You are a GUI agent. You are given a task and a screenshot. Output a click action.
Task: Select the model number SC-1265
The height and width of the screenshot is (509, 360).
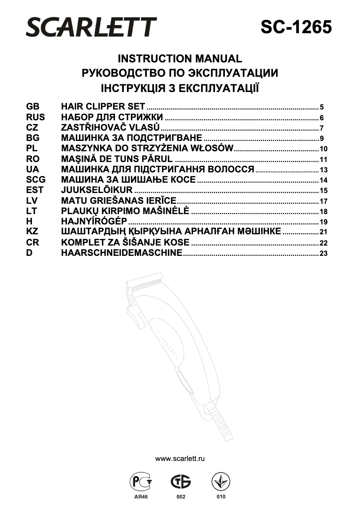coord(296,27)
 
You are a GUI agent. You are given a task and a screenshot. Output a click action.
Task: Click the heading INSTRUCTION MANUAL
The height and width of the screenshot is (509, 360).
coord(180,59)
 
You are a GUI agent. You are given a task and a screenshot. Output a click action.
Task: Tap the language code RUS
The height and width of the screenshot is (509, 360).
coord(35,118)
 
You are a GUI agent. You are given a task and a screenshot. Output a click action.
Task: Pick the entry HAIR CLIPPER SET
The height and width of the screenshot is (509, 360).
coord(103,107)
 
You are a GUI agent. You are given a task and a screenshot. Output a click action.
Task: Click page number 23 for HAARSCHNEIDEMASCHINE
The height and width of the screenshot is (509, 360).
coord(324,254)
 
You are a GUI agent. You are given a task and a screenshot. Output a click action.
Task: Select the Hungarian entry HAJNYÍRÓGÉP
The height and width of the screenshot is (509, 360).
coord(94,221)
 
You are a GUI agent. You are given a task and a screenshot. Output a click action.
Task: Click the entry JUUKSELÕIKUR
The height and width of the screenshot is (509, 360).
coord(97,190)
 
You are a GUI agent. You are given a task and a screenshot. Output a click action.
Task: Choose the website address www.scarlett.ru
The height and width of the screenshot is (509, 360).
coord(180,459)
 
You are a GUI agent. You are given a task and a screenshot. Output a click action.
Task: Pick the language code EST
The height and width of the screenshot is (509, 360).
coord(35,190)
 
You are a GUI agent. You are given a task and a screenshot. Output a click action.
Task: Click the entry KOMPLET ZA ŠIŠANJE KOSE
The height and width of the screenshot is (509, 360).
coord(125,242)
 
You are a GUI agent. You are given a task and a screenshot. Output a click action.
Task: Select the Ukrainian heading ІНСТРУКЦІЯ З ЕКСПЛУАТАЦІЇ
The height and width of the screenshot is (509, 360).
coord(180,88)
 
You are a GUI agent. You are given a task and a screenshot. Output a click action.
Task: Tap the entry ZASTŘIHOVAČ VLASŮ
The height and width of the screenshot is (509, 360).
coord(110,128)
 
